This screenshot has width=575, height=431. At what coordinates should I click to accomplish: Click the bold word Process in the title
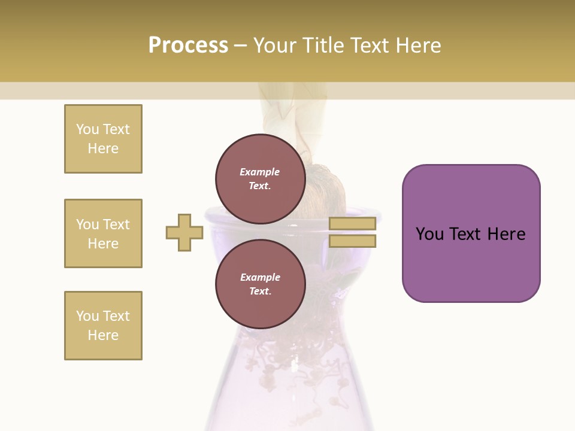tap(188, 45)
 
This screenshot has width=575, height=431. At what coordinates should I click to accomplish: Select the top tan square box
tap(103, 139)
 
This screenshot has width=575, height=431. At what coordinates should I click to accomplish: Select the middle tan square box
tap(103, 233)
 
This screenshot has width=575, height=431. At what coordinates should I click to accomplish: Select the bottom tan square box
tap(103, 326)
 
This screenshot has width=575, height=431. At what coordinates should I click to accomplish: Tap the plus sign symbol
tap(184, 232)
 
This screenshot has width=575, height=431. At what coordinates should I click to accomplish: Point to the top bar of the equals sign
tap(352, 223)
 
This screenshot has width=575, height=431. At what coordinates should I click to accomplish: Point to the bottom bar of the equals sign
tap(352, 241)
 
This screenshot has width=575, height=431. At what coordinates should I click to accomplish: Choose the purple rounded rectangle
tap(471, 233)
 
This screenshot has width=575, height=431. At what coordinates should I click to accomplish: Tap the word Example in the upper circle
tap(259, 172)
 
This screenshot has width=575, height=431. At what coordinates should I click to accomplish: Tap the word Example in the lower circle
tap(259, 277)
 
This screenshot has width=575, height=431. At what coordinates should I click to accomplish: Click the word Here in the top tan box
tap(103, 148)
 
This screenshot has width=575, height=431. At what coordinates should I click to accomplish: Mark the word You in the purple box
tap(430, 234)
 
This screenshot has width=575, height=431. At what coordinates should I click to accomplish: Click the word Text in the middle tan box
tap(116, 224)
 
